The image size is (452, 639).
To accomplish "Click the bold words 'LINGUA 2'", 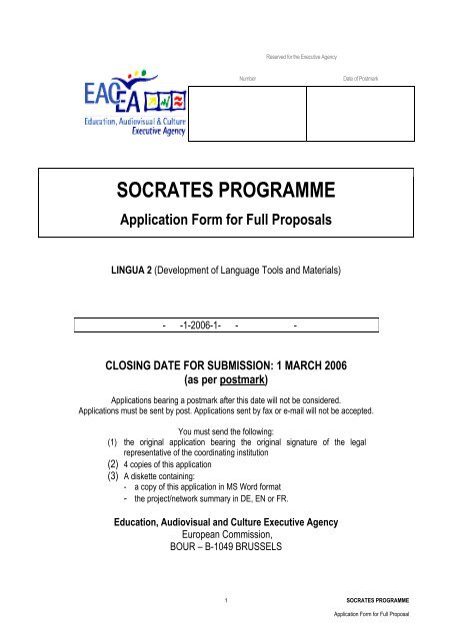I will [x=140, y=270].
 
